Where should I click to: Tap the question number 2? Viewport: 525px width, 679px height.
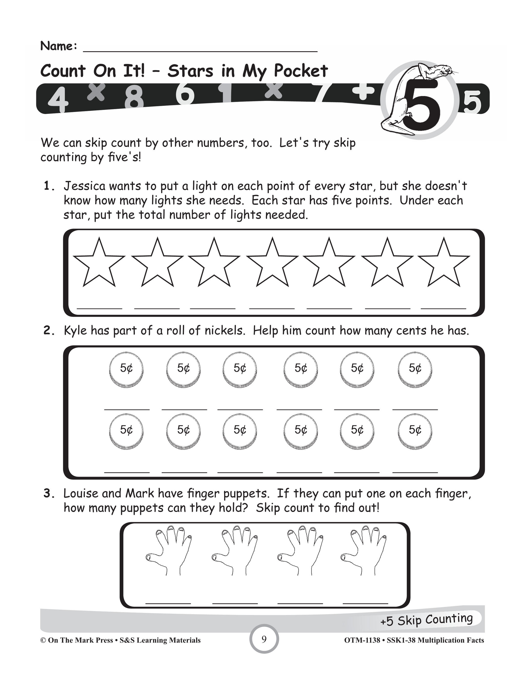click(x=49, y=331)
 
